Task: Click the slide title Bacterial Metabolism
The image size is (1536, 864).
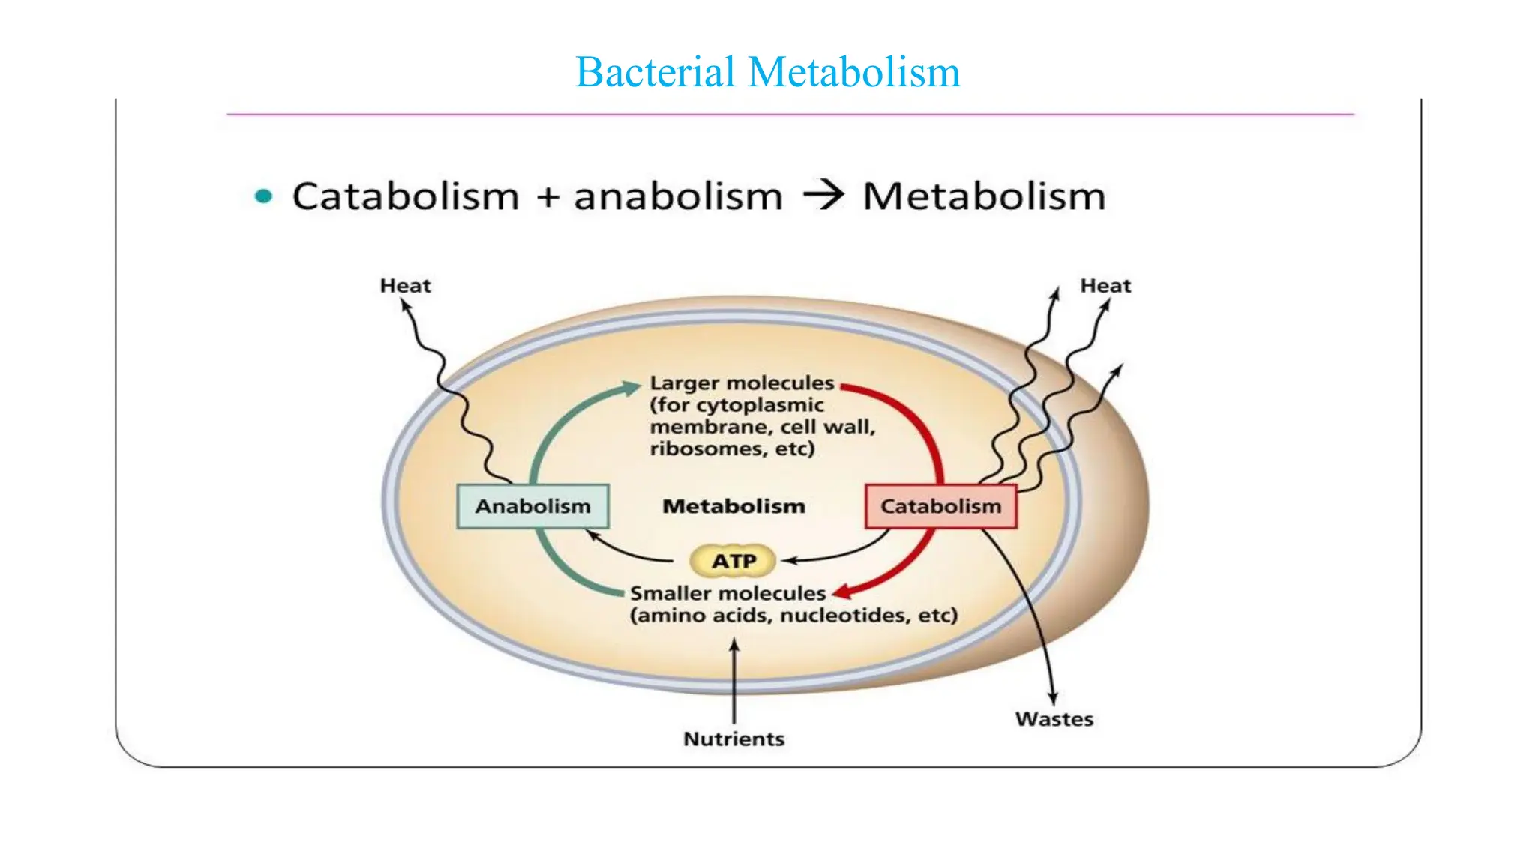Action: click(x=767, y=73)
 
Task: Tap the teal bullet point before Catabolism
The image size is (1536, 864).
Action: click(x=263, y=196)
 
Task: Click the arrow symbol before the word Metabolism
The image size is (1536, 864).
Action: click(x=823, y=196)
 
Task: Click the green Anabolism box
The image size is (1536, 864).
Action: click(x=532, y=506)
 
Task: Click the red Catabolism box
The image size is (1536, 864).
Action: click(x=940, y=506)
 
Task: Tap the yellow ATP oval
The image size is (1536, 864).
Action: click(x=733, y=561)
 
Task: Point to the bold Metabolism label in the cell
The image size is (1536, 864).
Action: click(x=733, y=506)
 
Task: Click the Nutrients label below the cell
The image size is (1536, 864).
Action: click(x=733, y=739)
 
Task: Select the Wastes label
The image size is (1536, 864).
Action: click(x=1054, y=719)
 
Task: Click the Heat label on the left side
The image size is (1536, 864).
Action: click(x=405, y=286)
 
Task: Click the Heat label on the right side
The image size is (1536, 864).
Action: click(x=1105, y=286)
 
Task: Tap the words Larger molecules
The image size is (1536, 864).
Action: click(x=741, y=382)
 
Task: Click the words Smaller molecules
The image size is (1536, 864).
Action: click(x=727, y=593)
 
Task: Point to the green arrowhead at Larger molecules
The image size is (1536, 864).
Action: click(x=632, y=387)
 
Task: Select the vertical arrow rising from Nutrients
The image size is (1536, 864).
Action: click(x=734, y=679)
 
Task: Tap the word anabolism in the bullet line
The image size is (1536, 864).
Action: click(x=678, y=196)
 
